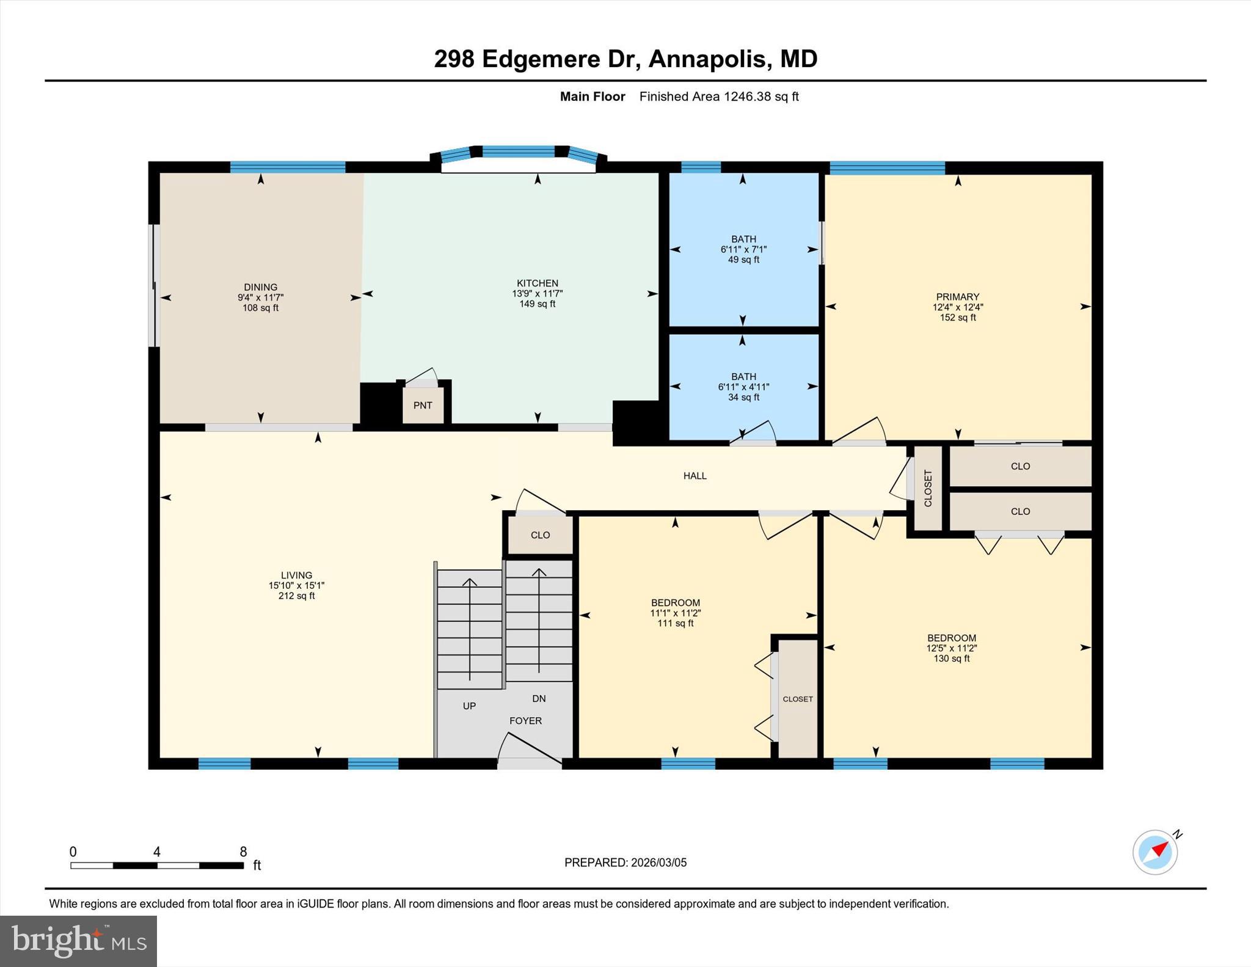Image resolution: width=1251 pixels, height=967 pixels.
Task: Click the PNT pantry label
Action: [x=423, y=406]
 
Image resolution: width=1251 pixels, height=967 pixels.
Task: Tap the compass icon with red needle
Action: [x=1155, y=852]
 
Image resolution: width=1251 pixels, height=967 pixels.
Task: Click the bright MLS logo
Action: [x=78, y=941]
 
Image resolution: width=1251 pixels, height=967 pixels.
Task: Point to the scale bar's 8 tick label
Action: [x=243, y=852]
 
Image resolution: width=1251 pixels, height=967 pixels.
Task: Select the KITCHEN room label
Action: [x=538, y=283]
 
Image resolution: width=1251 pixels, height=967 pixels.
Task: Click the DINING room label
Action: [x=261, y=287]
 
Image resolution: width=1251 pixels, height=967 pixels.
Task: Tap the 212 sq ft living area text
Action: [x=297, y=596]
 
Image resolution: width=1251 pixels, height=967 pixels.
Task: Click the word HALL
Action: [x=695, y=476]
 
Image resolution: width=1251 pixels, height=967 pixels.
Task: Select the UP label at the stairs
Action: [x=469, y=706]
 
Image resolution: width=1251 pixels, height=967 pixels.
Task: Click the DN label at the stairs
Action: [x=539, y=699]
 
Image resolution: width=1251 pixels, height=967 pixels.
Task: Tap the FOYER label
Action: [x=526, y=721]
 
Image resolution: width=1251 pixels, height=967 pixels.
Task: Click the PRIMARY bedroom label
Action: [x=958, y=297]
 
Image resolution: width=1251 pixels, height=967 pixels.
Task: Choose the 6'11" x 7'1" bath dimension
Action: [x=743, y=249]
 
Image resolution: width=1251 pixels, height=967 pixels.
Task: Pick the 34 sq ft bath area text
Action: [x=743, y=397]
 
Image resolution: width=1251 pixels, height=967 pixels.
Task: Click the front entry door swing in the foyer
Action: [x=529, y=749]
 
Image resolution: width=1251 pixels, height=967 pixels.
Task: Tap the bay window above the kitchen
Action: [x=519, y=152]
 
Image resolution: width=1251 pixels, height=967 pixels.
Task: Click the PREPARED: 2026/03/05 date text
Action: [x=625, y=863]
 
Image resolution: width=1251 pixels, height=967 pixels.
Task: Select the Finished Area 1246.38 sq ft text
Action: [x=719, y=97]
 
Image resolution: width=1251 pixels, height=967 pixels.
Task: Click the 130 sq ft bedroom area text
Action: [x=952, y=659]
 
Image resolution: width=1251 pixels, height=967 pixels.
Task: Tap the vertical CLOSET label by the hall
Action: [x=928, y=488]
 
